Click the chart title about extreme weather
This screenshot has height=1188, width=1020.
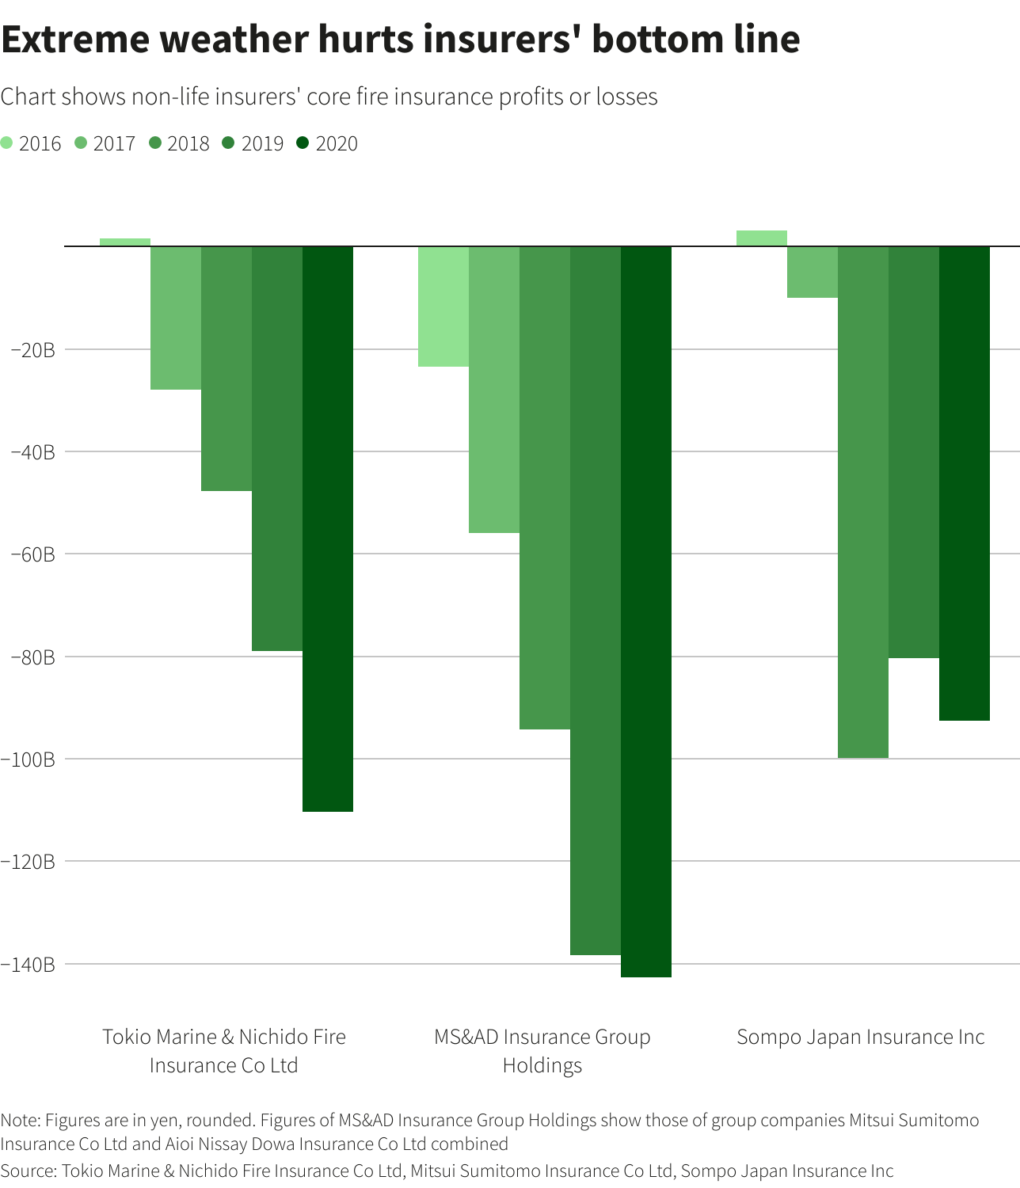pyautogui.click(x=400, y=40)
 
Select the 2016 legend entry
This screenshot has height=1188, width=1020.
pyautogui.click(x=32, y=143)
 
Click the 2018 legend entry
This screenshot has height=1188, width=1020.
pyautogui.click(x=180, y=143)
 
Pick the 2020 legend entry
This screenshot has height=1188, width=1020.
pyautogui.click(x=328, y=143)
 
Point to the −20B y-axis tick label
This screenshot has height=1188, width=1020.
pyautogui.click(x=33, y=349)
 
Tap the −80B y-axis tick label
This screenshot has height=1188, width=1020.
pyautogui.click(x=33, y=657)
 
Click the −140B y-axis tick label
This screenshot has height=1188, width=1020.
pyautogui.click(x=29, y=964)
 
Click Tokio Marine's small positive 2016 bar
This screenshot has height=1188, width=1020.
pyautogui.click(x=125, y=242)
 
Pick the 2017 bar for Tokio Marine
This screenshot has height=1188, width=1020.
pyautogui.click(x=176, y=318)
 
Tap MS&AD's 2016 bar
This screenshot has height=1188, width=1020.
pyautogui.click(x=443, y=307)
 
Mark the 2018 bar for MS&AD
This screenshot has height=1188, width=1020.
pyautogui.click(x=545, y=487)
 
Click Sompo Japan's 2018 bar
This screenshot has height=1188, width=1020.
pyautogui.click(x=863, y=502)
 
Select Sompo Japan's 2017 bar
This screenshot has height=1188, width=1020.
pyautogui.click(x=813, y=272)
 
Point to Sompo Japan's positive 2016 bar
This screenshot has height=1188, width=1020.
pyautogui.click(x=762, y=238)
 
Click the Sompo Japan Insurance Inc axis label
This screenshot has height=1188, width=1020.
pyautogui.click(x=860, y=1037)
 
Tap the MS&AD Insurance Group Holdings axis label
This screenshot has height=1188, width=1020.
pyautogui.click(x=542, y=1050)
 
